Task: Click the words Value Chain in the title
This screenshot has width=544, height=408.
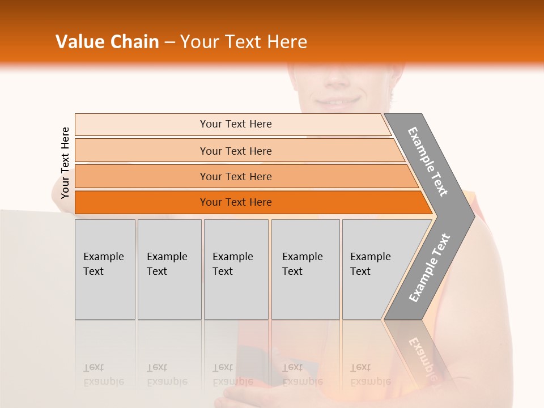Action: coord(107,42)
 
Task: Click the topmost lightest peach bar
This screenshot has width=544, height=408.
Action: coord(142,125)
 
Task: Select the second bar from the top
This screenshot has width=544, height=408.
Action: coord(142,151)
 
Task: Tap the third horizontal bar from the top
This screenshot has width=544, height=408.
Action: coord(142,177)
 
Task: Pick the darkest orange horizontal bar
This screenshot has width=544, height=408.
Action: coord(142,202)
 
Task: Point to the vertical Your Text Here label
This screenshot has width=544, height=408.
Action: coord(65,163)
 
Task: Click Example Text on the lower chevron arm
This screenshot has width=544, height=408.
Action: coord(429,268)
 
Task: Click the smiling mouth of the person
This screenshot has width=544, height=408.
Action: coord(338,102)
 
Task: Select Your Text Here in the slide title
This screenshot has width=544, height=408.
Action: coord(244,42)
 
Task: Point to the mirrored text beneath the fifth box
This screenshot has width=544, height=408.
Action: coord(370,375)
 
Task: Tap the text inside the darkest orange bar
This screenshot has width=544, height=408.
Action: coord(236,202)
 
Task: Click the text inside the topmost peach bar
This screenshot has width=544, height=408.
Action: coord(236,124)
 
